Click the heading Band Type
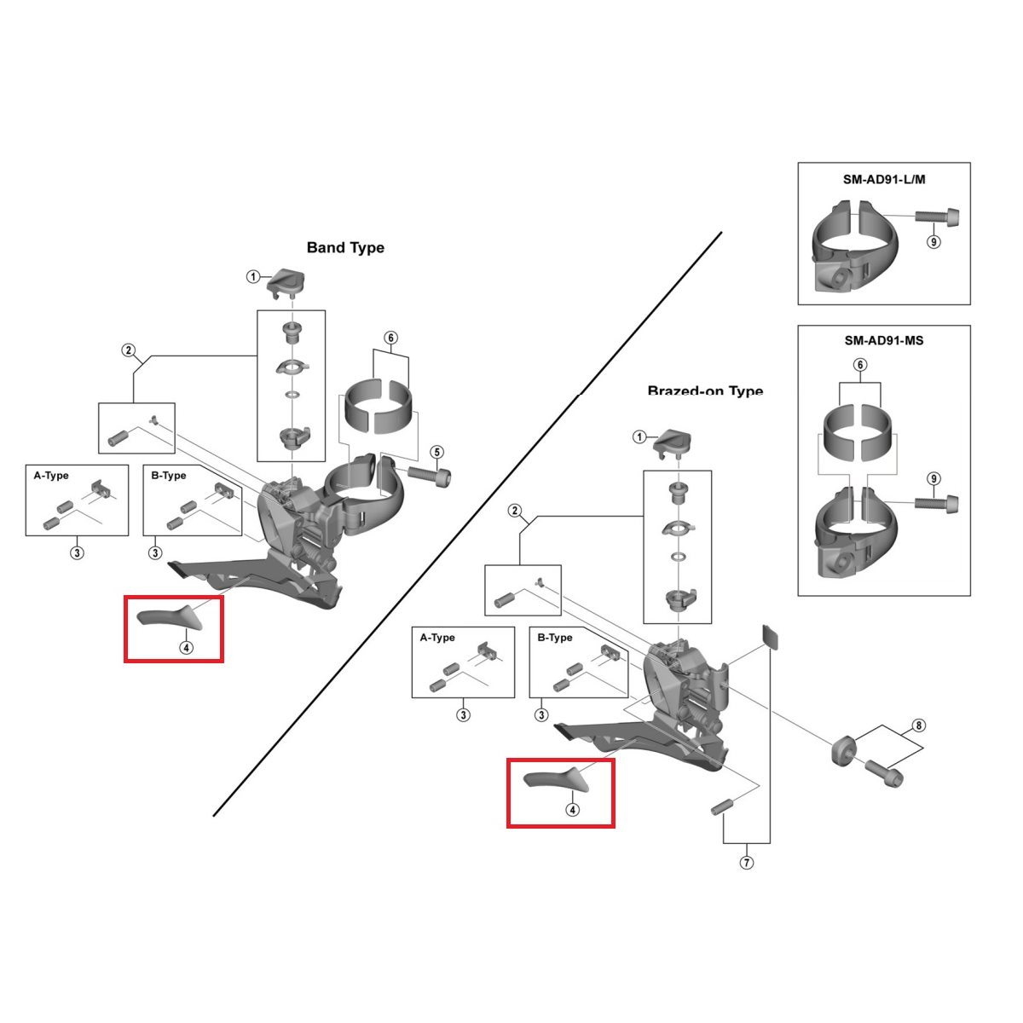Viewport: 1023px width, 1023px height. (x=345, y=247)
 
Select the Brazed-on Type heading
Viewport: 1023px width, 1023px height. (x=705, y=391)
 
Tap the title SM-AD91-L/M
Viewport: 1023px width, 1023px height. (x=883, y=180)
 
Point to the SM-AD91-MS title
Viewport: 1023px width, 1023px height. (x=883, y=340)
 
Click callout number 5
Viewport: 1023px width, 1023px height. (x=436, y=452)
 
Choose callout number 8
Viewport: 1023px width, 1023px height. (x=918, y=726)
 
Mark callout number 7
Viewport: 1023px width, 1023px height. (x=747, y=863)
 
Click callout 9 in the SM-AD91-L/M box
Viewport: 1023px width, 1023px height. (x=933, y=242)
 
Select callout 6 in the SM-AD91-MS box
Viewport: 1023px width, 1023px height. (x=860, y=365)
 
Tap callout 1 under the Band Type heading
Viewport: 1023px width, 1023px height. (x=252, y=276)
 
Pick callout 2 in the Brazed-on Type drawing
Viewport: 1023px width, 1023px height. (x=514, y=511)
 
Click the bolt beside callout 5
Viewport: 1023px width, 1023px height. (x=431, y=473)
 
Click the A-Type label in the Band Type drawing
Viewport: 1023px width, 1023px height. (x=51, y=476)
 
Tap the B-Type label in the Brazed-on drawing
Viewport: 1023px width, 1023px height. (x=555, y=638)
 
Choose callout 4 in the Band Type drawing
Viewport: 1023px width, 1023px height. (x=186, y=647)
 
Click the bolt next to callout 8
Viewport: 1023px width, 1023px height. (x=884, y=775)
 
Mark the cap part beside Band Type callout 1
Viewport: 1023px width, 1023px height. (x=288, y=280)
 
